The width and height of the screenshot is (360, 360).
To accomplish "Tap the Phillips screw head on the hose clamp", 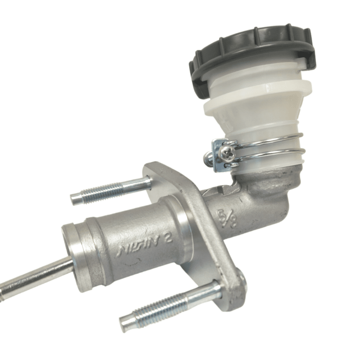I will point(228,154).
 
